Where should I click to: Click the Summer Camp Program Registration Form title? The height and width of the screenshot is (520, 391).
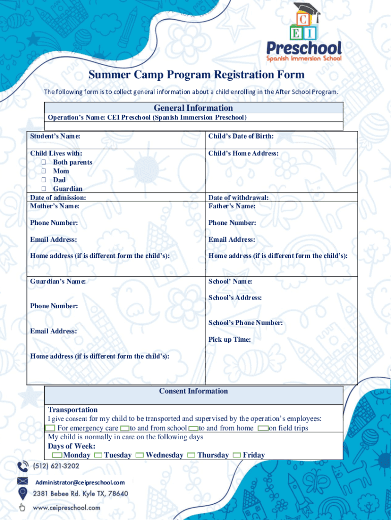[x=197, y=75]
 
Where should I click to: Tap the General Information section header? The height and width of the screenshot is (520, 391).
[x=193, y=108]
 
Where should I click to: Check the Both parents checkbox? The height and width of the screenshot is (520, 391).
[x=44, y=162]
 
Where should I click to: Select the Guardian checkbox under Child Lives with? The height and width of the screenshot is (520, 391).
[x=44, y=189]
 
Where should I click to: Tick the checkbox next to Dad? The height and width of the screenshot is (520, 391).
[x=44, y=180]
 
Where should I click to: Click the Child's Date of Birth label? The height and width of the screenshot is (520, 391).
[x=241, y=136]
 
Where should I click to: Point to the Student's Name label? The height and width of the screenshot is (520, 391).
[x=55, y=136]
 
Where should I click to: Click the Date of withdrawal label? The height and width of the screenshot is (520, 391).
[x=238, y=198]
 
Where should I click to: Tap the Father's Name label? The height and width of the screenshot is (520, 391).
[x=232, y=206]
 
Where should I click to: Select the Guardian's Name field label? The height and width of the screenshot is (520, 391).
[x=58, y=281]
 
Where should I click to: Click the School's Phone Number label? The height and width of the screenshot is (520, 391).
[x=245, y=323]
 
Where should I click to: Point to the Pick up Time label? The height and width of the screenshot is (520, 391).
[x=229, y=340]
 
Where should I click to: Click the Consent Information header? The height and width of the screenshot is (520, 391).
[x=193, y=391]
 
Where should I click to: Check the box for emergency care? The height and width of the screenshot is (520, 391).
[x=51, y=429]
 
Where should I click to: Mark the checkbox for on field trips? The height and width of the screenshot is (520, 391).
[x=263, y=429]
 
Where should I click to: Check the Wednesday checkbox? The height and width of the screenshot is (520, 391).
[x=139, y=456]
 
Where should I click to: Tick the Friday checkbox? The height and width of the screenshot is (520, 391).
[x=237, y=456]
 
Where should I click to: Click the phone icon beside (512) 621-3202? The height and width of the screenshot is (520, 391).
[x=23, y=466]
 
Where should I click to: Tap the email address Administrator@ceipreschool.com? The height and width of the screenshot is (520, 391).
[x=80, y=482]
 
